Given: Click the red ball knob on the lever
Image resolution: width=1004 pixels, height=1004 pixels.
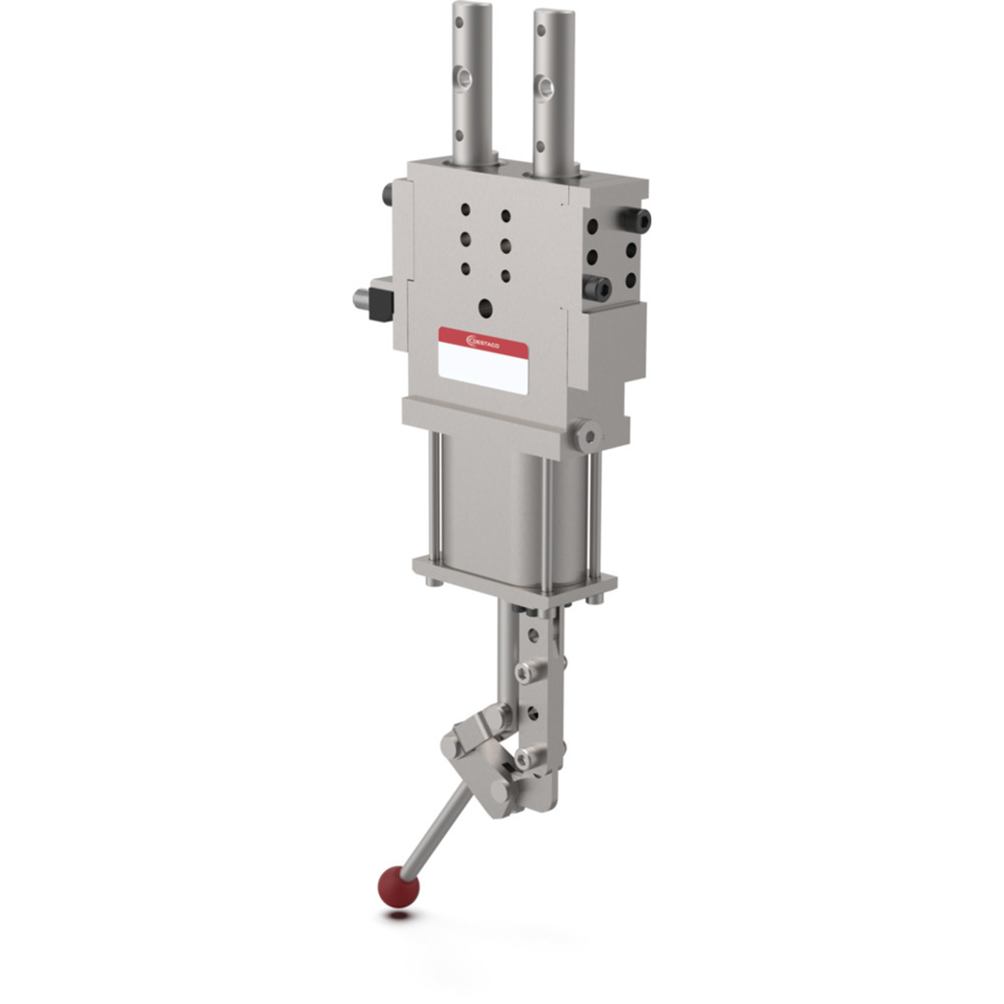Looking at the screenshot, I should pos(398,887).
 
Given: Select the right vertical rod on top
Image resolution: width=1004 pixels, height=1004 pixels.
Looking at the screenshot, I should pos(553,88).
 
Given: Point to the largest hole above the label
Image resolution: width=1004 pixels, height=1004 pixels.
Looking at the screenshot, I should pos(485,307).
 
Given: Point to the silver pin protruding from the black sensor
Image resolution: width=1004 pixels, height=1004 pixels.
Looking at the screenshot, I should pos(361,299).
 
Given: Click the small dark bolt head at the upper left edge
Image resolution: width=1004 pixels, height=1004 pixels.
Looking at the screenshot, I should pos(388,195).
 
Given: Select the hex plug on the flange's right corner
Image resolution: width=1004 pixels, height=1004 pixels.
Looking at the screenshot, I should pos(587,434).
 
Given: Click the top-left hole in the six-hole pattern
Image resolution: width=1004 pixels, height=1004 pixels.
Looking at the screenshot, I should pos(466,209).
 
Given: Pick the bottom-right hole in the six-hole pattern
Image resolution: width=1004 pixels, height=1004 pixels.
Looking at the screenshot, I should pos(505,276).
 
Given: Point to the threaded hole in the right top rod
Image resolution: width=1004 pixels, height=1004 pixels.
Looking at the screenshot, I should pos(546,88).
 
